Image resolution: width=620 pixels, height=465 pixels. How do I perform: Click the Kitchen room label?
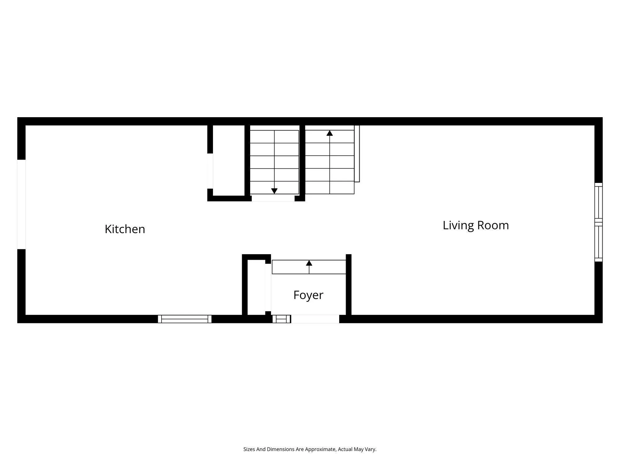(x=125, y=229)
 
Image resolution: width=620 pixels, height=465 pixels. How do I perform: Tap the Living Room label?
(x=476, y=225)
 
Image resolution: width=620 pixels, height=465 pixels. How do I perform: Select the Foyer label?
(x=308, y=295)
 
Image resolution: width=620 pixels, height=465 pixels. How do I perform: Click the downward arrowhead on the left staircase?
(x=274, y=191)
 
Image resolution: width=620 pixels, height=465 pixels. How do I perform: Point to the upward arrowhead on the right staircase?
(x=330, y=133)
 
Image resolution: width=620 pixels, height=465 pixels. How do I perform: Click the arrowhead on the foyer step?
(x=309, y=263)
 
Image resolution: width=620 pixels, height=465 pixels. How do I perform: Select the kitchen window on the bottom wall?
(x=185, y=319)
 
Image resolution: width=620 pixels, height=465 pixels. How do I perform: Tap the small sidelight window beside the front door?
(x=281, y=319)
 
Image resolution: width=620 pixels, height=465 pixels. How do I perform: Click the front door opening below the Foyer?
(x=315, y=319)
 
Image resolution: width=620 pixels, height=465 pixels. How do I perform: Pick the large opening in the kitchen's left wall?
(x=21, y=204)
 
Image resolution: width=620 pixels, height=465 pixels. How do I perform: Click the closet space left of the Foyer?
(x=256, y=287)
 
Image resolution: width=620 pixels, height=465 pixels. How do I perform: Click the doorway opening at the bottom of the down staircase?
(x=273, y=198)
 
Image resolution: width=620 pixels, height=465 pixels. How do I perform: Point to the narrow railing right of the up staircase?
(x=357, y=153)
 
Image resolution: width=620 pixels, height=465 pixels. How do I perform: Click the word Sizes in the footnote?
(x=249, y=449)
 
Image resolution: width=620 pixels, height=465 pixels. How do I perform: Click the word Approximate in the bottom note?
(x=320, y=449)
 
